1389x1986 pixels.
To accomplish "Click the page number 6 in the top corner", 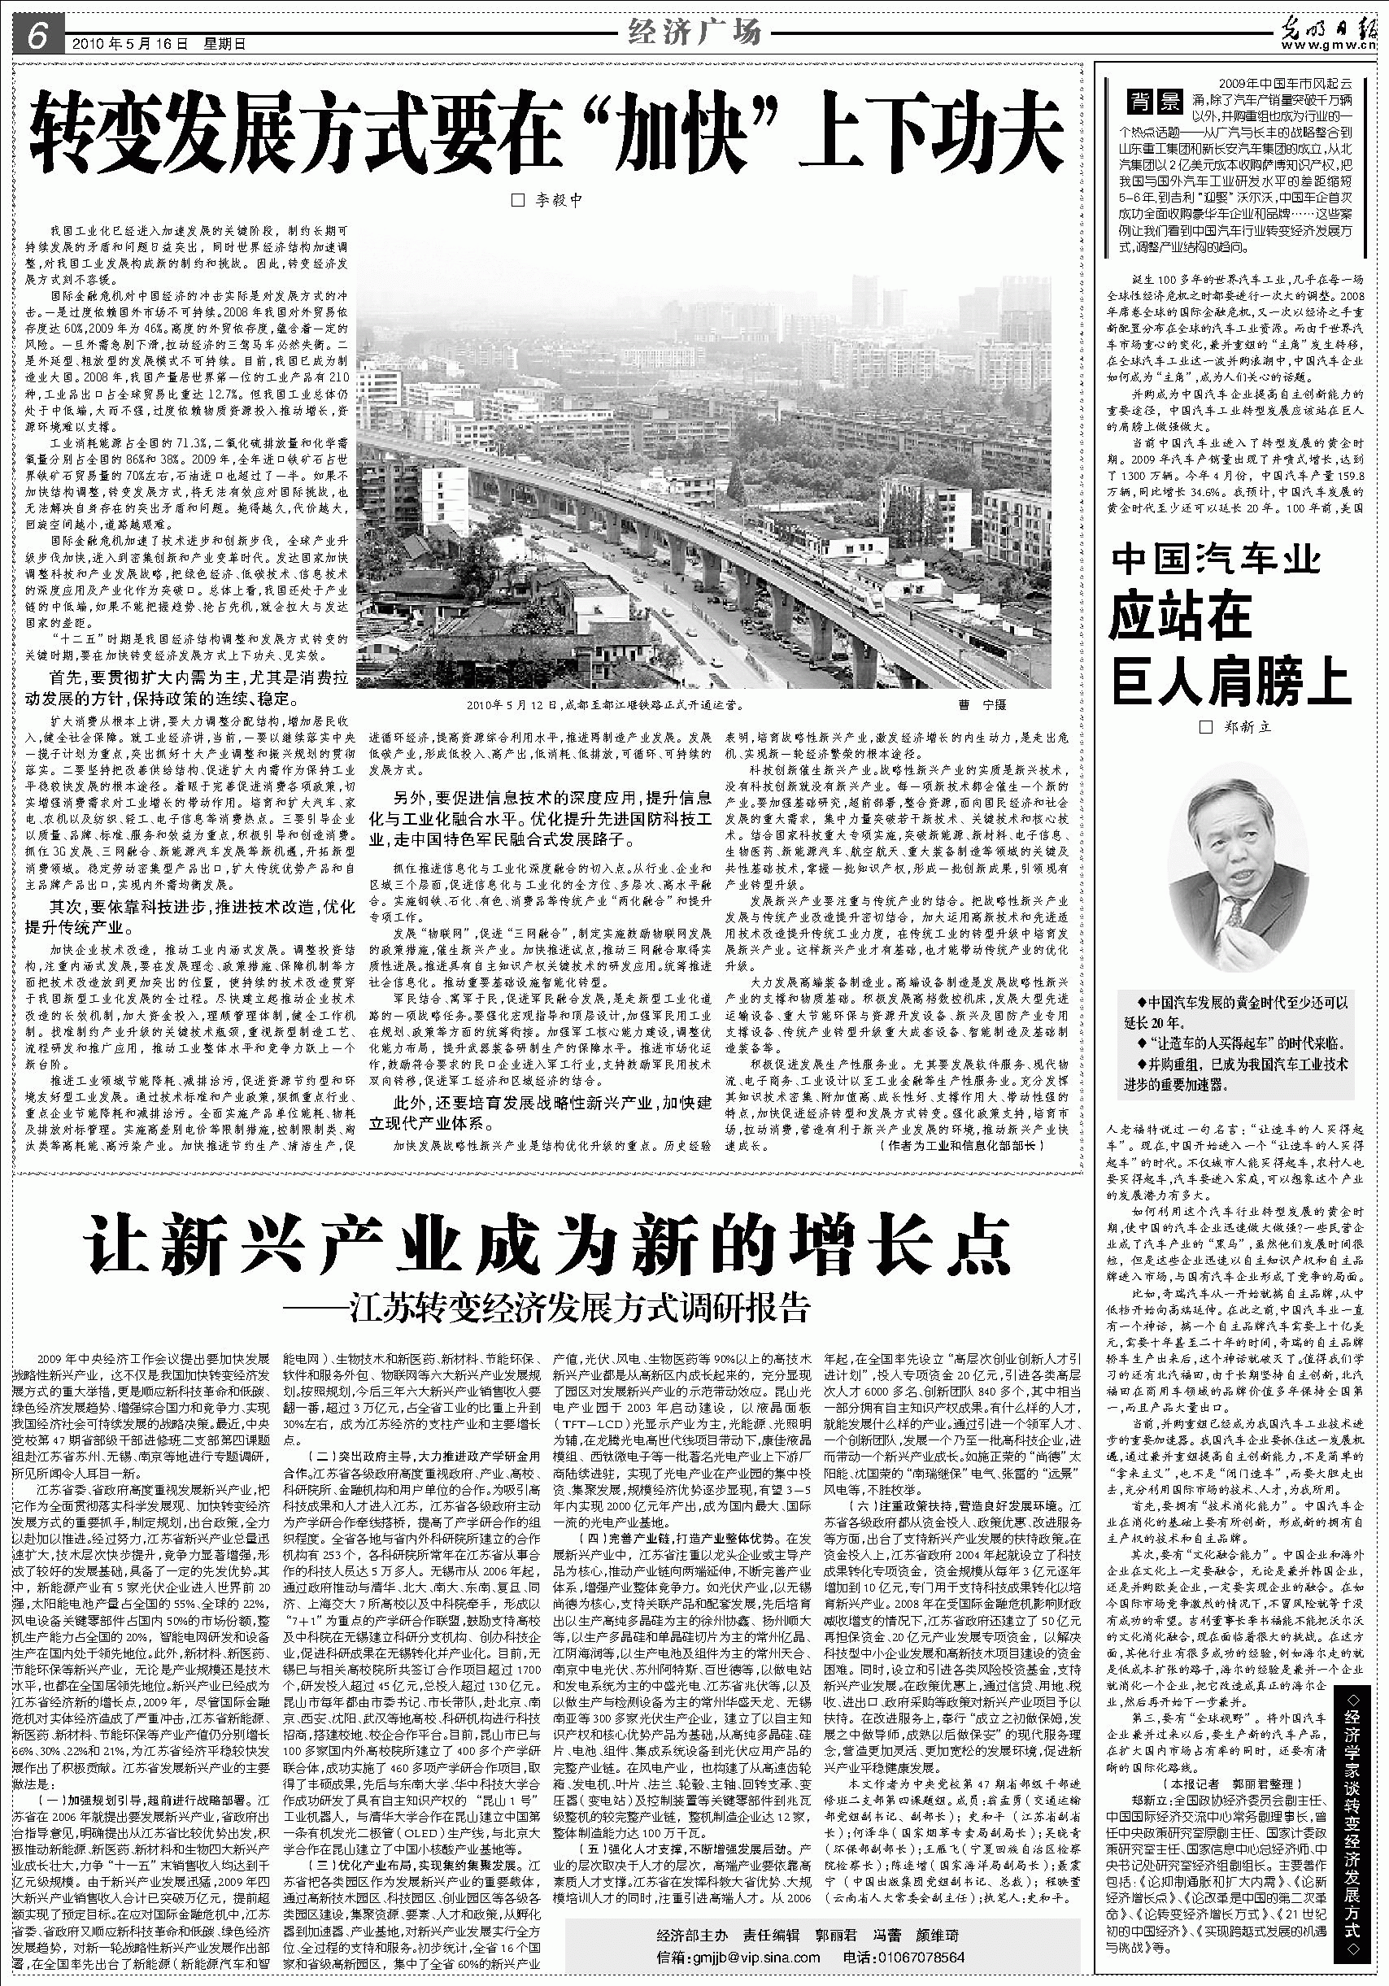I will click(36, 35).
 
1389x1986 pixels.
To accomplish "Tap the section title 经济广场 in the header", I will click(694, 33).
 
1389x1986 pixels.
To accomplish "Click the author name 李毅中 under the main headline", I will click(548, 201).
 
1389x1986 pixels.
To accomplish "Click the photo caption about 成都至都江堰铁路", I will click(604, 706).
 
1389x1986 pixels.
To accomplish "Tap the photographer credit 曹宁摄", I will click(983, 706).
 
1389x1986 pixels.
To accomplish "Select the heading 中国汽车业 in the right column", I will click(1216, 560).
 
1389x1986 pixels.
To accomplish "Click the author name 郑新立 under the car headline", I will click(1238, 727).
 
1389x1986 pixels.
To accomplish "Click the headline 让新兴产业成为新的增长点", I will click(546, 1243).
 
